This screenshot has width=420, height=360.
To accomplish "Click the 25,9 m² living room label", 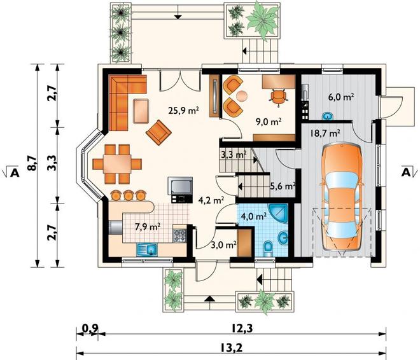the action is point(183,110).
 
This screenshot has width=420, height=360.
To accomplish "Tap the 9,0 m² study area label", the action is point(269,121).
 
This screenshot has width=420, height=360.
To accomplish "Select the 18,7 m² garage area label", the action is point(325,133).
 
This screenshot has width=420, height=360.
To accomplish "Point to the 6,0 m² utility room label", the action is point(341,97).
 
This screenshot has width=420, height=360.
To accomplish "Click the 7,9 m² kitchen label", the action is point(148,227).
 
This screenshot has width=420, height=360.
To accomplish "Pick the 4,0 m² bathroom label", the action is point(254,216).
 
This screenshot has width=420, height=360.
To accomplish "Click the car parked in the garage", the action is point(342,198).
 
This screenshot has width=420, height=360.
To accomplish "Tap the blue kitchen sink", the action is point(147,249).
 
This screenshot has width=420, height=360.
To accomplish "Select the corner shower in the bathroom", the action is point(278,214).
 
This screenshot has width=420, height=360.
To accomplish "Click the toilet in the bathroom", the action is point(267,248).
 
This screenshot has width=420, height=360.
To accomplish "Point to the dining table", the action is point(117,164).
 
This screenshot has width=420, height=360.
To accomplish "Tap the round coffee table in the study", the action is point(242,96).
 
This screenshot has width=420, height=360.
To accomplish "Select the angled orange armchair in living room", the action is point(158,132).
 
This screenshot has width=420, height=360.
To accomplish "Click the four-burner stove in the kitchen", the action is point(179,236).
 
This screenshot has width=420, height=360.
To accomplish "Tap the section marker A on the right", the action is point(406,172).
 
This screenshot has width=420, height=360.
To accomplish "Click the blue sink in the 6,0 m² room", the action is point(327,116).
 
